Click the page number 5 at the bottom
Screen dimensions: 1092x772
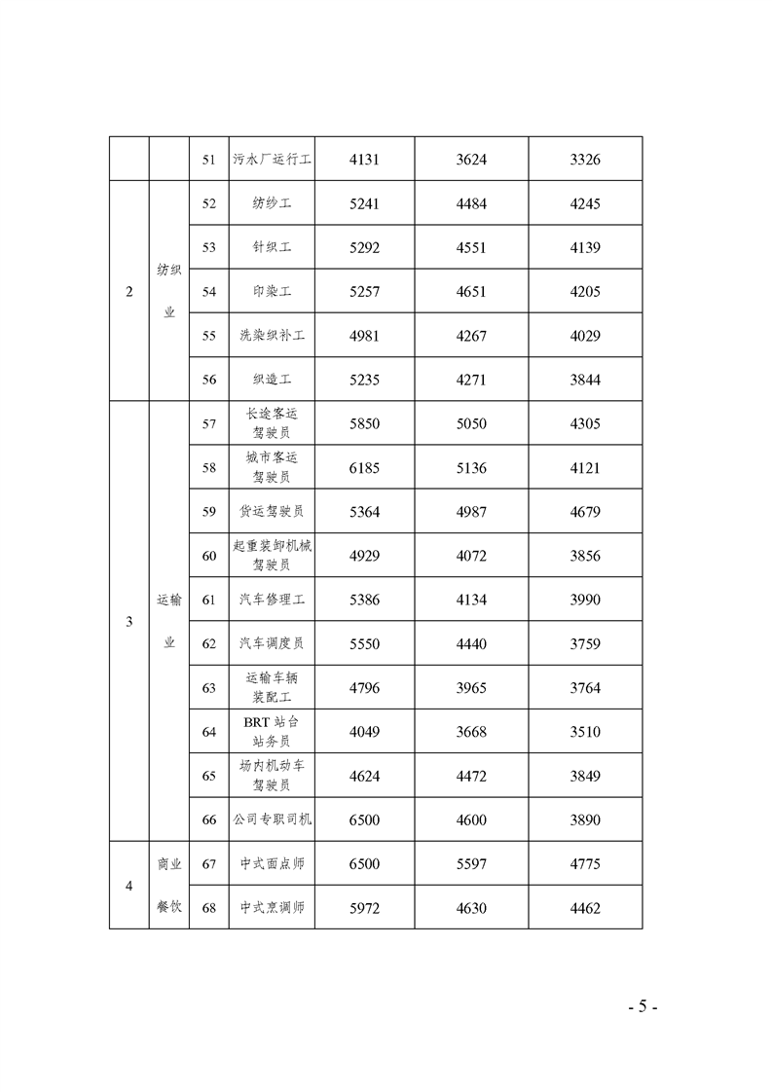pos(643,1006)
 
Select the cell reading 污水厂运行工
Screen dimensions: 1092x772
pos(272,159)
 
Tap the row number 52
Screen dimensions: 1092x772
pos(208,203)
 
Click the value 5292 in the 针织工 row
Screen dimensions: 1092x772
pos(364,247)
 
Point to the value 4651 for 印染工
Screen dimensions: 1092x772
pos(471,292)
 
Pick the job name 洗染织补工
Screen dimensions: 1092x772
pos(272,336)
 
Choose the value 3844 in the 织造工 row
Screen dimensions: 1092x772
pos(585,380)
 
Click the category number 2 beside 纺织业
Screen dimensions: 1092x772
pos(129,292)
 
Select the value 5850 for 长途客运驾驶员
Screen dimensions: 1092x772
pos(364,423)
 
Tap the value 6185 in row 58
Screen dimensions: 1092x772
pos(364,468)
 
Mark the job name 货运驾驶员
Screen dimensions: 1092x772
pos(272,512)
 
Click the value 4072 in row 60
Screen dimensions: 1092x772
pos(471,556)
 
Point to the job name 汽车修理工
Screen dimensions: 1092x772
pos(272,600)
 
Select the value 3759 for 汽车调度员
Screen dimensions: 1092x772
pos(585,643)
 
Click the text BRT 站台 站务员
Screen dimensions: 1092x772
pos(272,731)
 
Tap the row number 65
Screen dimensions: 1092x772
pos(208,776)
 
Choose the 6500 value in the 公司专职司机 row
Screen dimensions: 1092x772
pos(364,819)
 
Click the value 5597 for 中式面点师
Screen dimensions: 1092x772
pos(471,863)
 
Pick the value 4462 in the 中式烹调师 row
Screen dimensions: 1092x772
pos(585,908)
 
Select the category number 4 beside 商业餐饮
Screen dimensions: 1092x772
pos(129,886)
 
